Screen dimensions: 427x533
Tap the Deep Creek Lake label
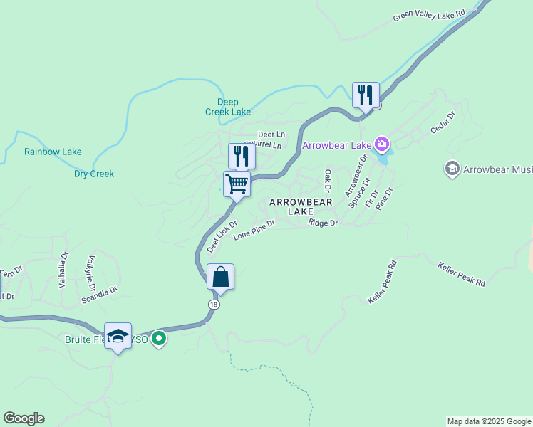[234, 107]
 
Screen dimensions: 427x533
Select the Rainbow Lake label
[53, 152]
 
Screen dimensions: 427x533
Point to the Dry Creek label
[94, 174]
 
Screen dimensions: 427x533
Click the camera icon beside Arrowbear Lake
[383, 145]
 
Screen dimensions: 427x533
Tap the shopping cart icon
[237, 184]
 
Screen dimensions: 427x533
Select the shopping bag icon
[220, 277]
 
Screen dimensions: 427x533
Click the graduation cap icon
[118, 336]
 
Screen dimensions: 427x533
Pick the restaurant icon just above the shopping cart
[242, 156]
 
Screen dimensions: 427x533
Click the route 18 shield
[214, 304]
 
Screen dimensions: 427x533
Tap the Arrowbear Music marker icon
[452, 169]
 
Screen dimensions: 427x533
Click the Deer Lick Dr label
[222, 237]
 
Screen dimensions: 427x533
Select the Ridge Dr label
[323, 223]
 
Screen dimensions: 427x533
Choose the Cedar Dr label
[443, 122]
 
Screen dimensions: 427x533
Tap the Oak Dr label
[328, 180]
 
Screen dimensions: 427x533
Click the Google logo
[24, 418]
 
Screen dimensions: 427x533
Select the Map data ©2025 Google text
[489, 421]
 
